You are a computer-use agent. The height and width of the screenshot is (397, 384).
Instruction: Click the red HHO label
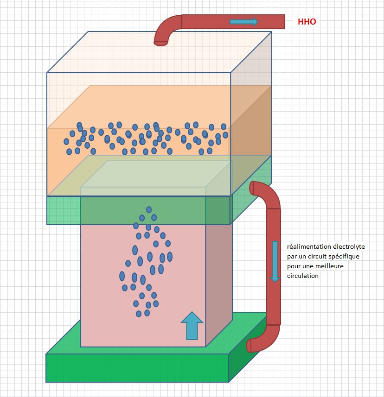pos(307,22)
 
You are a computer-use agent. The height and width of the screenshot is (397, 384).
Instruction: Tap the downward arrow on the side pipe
pos(275,261)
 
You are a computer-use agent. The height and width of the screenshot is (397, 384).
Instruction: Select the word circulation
pos(303,276)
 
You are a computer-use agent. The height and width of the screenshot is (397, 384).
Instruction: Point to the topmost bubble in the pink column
pos(149,209)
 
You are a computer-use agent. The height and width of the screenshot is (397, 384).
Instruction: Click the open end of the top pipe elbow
pos(161,44)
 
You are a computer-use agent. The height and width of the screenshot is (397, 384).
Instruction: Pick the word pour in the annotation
pos(293,266)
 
